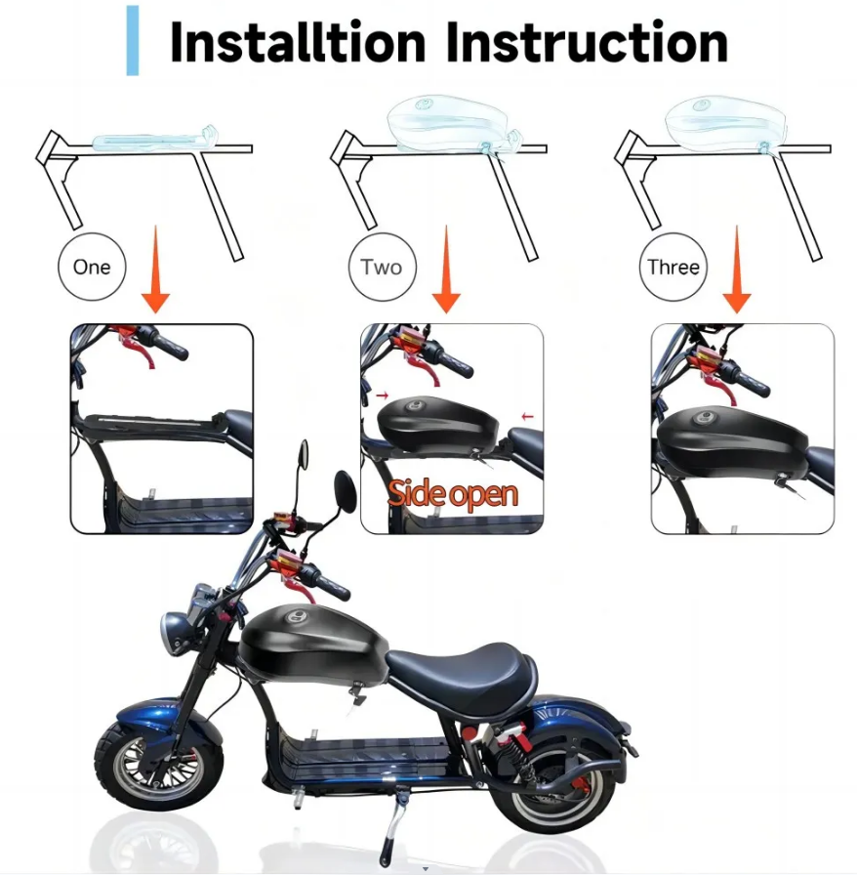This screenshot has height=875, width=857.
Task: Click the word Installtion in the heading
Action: tap(298, 42)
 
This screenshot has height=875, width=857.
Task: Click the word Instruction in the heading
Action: tap(588, 42)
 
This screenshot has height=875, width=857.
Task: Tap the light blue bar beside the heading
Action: tap(132, 40)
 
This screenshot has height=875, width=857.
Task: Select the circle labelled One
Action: tap(92, 267)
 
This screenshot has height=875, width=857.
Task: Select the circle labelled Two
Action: tap(383, 267)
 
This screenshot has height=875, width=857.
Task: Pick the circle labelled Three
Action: tap(673, 267)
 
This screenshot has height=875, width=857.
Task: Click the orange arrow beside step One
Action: tap(155, 269)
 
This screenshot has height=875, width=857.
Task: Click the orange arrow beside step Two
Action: tap(446, 269)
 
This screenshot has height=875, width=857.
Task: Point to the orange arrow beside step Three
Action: tap(737, 269)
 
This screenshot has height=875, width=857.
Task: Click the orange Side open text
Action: tap(453, 494)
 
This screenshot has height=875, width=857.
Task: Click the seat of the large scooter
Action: tap(462, 674)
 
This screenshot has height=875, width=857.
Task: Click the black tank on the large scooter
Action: tap(312, 643)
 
